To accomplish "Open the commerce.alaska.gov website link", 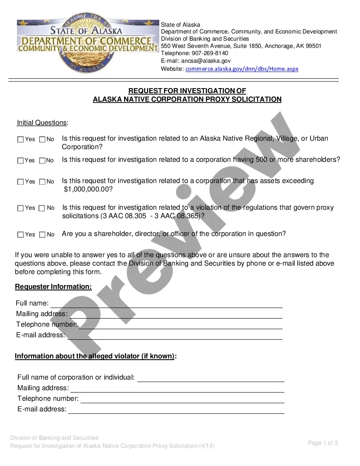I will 242,69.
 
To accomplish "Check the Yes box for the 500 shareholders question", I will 20,161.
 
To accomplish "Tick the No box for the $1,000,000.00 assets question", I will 42,182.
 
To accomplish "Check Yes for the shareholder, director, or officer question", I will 20,234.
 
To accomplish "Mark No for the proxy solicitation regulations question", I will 42,208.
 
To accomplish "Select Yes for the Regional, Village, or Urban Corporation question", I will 20,139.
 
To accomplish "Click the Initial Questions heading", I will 42,123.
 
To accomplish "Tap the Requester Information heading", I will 53,287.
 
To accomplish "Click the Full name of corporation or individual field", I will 210,378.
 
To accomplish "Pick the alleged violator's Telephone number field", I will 182,399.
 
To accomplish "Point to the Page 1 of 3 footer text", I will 323,443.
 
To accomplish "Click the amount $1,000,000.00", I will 88,189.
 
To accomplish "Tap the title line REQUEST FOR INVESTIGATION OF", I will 187,91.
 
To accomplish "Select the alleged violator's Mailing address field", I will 177,388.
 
